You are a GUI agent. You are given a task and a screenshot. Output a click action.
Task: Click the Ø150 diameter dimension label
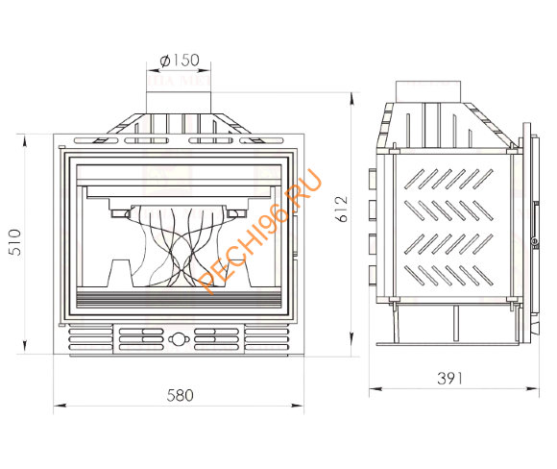point(180,61)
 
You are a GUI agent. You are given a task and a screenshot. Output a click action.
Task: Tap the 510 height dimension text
point(15,242)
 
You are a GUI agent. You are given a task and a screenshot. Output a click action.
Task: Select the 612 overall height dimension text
point(342,209)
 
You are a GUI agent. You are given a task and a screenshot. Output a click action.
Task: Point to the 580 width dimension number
point(181,395)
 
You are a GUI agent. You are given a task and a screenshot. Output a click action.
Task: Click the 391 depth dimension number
point(450,379)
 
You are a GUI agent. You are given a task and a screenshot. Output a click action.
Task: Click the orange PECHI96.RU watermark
point(258,231)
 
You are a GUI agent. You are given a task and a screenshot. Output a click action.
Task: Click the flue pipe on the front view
point(179,103)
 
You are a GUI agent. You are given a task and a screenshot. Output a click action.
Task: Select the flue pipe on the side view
point(428,91)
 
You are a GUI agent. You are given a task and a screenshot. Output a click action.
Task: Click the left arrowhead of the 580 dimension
point(60,405)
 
